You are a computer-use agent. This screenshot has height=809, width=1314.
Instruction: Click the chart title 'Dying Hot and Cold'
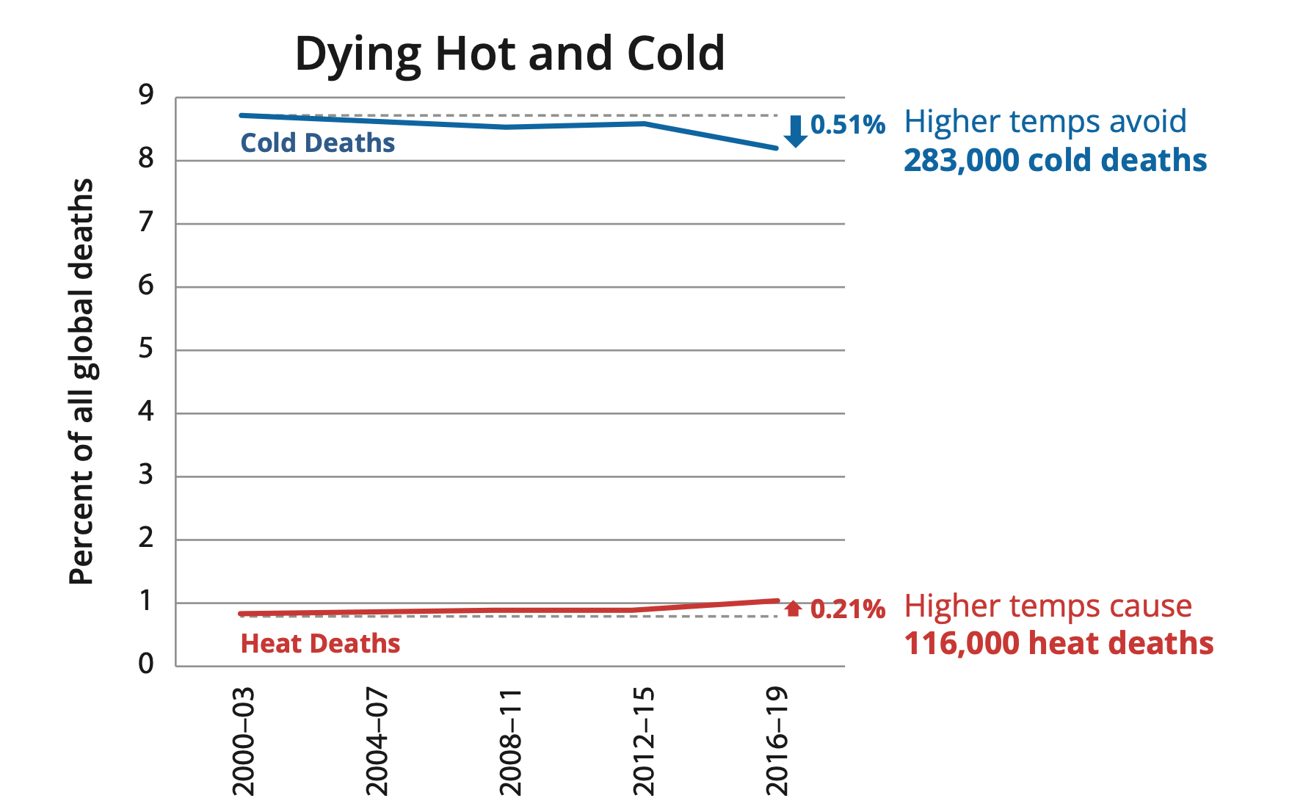tap(509, 54)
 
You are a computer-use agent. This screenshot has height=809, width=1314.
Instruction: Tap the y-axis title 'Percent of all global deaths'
tap(82, 382)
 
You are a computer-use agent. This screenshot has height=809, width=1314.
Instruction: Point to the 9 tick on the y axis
tap(146, 95)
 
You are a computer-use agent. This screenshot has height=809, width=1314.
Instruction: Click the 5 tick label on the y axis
tap(146, 349)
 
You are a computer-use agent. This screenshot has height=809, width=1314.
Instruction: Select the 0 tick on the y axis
tap(146, 664)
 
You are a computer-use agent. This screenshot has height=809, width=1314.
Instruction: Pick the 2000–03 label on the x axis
tap(243, 741)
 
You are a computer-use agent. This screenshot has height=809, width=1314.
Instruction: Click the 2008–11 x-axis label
tap(510, 741)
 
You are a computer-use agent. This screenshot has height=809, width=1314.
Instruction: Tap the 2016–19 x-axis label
tap(777, 741)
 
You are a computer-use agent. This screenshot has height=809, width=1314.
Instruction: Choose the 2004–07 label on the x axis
tap(377, 741)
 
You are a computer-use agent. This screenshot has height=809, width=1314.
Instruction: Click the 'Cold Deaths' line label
tap(318, 143)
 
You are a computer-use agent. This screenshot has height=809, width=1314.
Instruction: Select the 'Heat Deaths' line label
tap(320, 644)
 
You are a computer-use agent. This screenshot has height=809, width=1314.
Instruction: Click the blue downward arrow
tap(795, 131)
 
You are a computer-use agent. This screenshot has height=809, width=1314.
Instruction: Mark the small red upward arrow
tap(793, 609)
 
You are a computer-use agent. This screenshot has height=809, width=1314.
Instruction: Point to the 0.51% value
tap(848, 125)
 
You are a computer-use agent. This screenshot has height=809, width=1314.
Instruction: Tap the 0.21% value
tap(848, 609)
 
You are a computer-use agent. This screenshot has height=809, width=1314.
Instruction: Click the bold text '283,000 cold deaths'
tap(1055, 161)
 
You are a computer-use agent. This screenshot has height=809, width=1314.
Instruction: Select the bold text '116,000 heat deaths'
tap(1059, 644)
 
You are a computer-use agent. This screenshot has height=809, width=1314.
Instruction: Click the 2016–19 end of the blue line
tap(776, 148)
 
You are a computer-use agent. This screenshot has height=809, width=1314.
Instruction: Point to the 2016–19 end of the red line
tap(776, 601)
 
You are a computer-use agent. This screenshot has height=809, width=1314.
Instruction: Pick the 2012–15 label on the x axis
tap(643, 741)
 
